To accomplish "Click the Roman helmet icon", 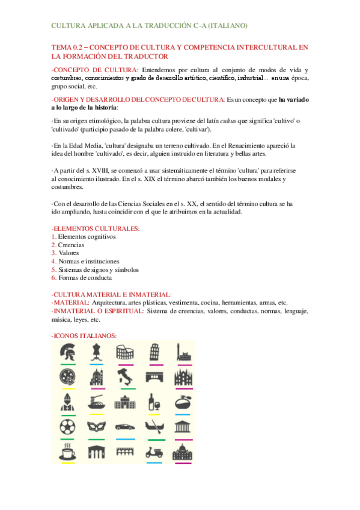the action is pos(67,352).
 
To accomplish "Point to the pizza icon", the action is pos(67,378).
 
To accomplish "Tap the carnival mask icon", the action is pos(96,427).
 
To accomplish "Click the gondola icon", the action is pos(153,427).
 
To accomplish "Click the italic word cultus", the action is pos(204,122).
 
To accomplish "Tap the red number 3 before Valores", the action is pos(53,253).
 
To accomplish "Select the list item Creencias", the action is pos(72,245).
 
